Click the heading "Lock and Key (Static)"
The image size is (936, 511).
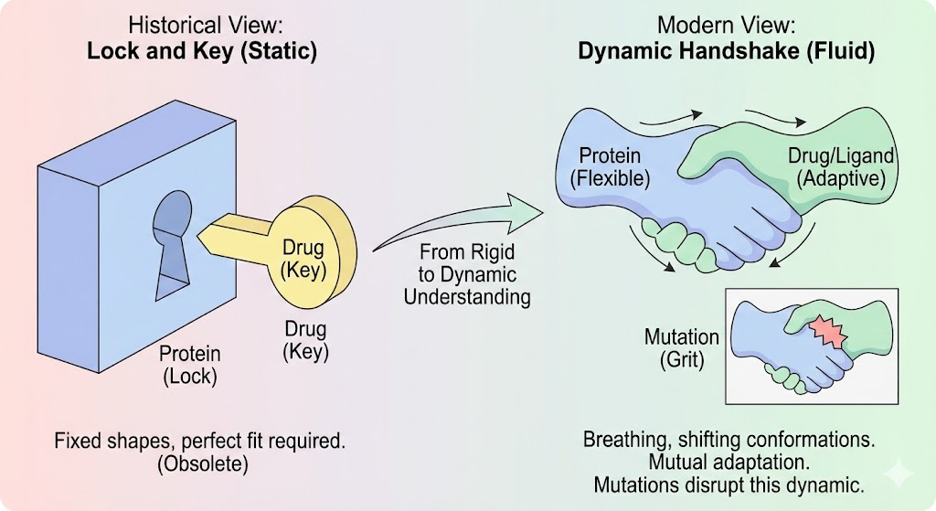point(201,51)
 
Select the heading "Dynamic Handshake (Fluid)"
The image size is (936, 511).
point(726,51)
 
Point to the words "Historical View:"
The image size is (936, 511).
point(201,25)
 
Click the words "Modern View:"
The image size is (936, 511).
point(727,25)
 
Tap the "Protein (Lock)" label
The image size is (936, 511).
point(189,365)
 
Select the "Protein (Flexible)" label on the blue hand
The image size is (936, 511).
point(610,167)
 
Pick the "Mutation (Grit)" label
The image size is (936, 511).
point(682,348)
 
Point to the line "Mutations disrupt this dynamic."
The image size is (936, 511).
point(728,484)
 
